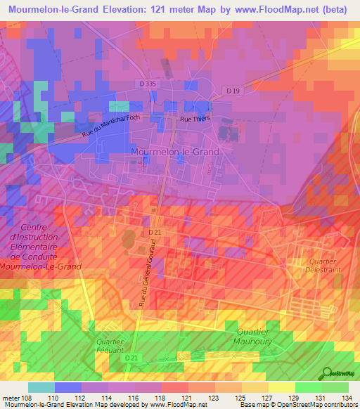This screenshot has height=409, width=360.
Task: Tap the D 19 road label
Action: click(233, 90)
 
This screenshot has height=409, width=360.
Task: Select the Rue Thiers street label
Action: click(195, 119)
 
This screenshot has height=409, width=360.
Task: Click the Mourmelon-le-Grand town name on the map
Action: click(175, 151)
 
